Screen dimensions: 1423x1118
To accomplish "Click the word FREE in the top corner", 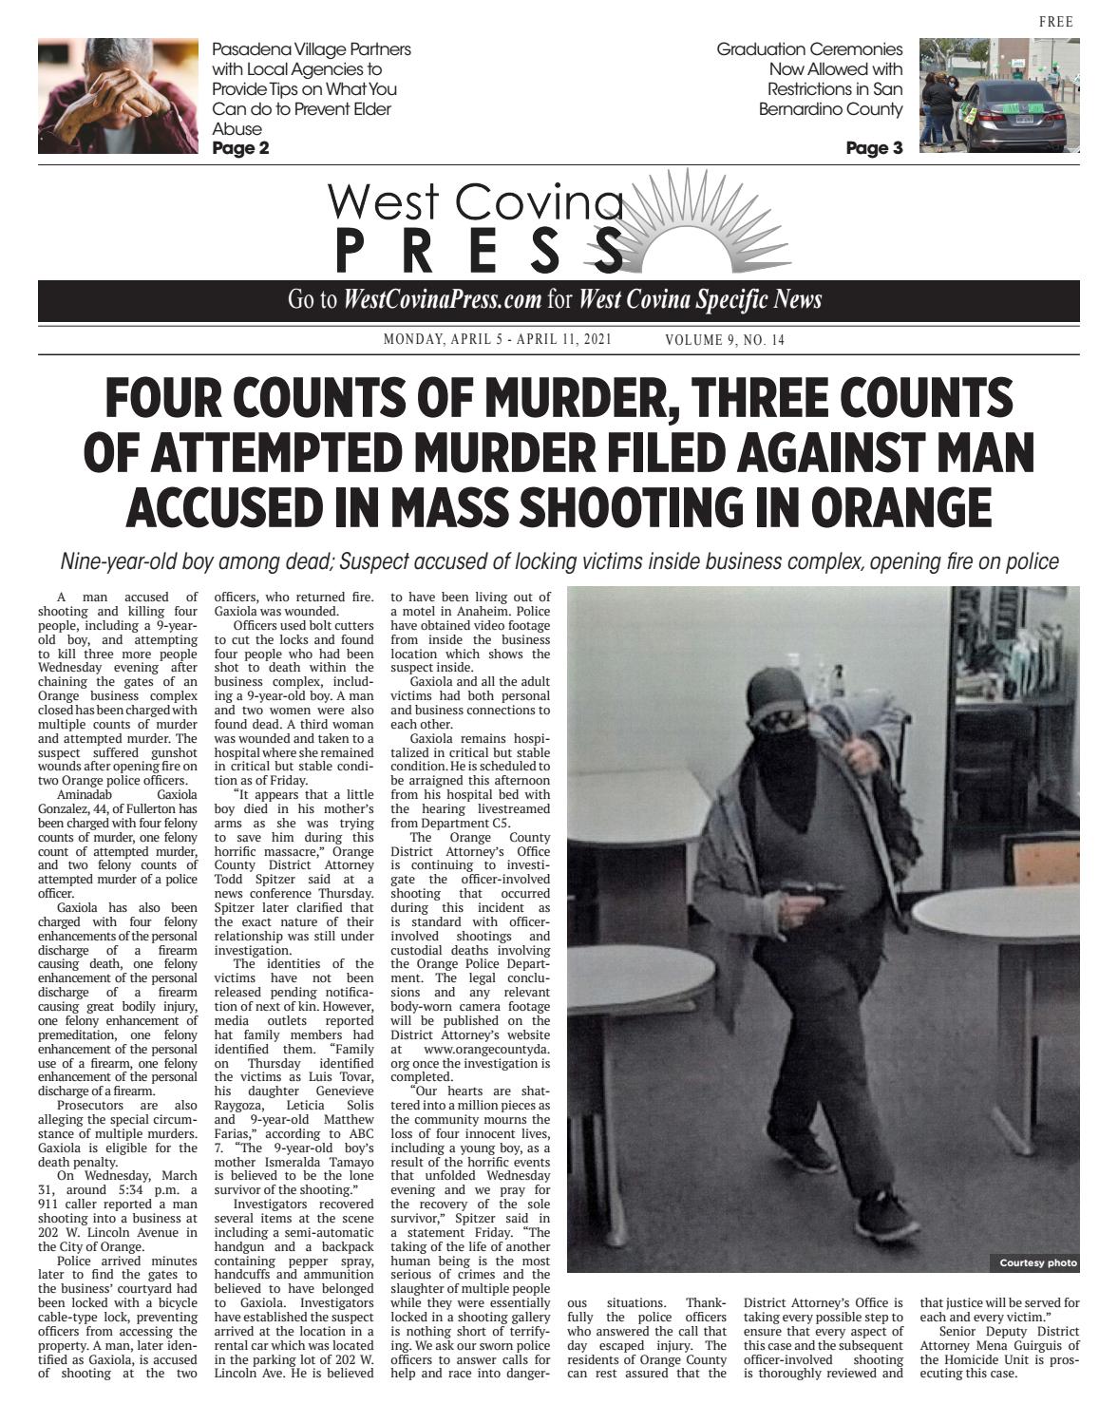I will pos(1056,22).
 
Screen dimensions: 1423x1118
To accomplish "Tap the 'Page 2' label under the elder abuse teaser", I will pos(240,148).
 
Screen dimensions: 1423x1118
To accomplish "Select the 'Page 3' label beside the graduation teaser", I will pos(874,148).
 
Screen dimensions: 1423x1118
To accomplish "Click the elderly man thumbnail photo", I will pos(119,96).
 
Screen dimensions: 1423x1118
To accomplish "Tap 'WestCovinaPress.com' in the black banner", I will pos(443,300).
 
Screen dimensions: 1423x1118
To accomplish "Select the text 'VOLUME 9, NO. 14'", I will pos(725,340).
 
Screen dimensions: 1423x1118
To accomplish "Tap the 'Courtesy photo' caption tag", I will pos(1037,1262).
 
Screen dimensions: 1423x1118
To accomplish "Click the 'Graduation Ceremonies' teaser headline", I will pos(809,48).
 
